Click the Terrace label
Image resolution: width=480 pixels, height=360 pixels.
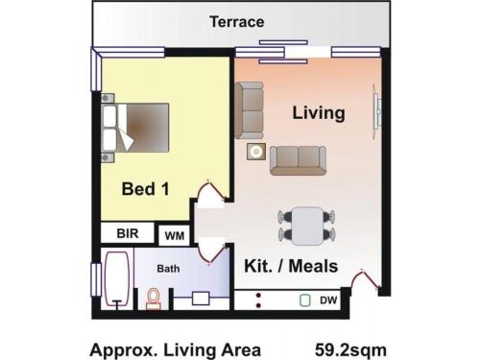point(237,22)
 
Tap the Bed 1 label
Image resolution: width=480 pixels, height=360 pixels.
point(146,188)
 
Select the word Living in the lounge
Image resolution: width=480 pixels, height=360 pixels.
point(319,113)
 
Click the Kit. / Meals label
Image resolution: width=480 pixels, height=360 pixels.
point(291,266)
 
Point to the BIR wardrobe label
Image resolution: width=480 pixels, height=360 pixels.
point(128,233)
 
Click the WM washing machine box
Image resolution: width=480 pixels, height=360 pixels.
point(175,235)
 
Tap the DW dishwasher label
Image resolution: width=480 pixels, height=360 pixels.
point(328,300)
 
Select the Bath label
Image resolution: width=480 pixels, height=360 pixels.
point(168,269)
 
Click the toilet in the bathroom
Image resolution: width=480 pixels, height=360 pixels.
point(154,300)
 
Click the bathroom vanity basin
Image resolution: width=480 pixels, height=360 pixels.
point(201,299)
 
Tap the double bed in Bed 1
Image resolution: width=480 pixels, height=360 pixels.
point(135,128)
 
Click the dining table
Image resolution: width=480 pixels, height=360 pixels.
point(308,226)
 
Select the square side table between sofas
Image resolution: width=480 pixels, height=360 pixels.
point(256,152)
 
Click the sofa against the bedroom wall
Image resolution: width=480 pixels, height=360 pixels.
point(250,110)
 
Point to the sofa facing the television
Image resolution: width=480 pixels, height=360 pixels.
point(298,160)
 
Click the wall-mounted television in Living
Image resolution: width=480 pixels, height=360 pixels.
point(377,111)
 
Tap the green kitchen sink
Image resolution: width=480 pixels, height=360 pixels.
point(305,300)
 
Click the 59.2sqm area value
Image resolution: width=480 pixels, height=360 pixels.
point(350,350)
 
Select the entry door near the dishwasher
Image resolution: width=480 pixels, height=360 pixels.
point(366,279)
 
